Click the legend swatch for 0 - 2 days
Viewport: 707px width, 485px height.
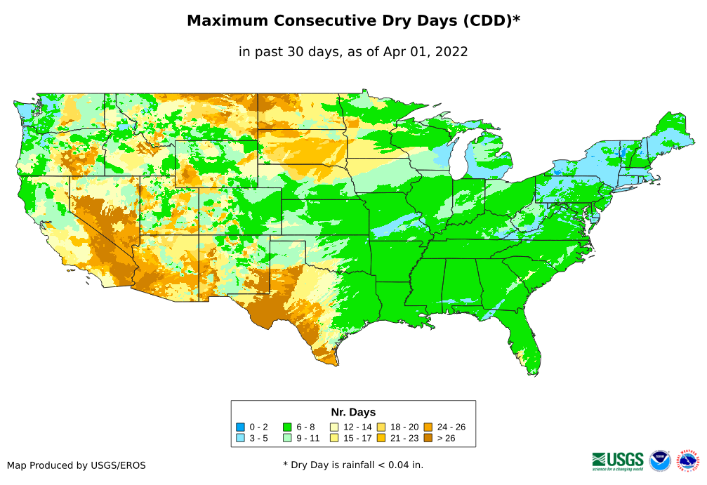241,427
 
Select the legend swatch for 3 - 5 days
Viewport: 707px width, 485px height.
241,439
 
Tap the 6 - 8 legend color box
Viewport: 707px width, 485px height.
288,427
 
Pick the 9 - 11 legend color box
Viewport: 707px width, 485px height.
288,439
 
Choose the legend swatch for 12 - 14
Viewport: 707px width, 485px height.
335,427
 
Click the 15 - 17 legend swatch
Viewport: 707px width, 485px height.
335,439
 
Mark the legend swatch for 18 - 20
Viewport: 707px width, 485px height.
381,427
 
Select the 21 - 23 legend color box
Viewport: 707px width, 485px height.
381,439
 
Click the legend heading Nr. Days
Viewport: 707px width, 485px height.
353,412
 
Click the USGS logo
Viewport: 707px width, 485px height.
618,460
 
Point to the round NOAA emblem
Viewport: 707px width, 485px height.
660,460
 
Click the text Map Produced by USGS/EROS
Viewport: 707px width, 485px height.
77,465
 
